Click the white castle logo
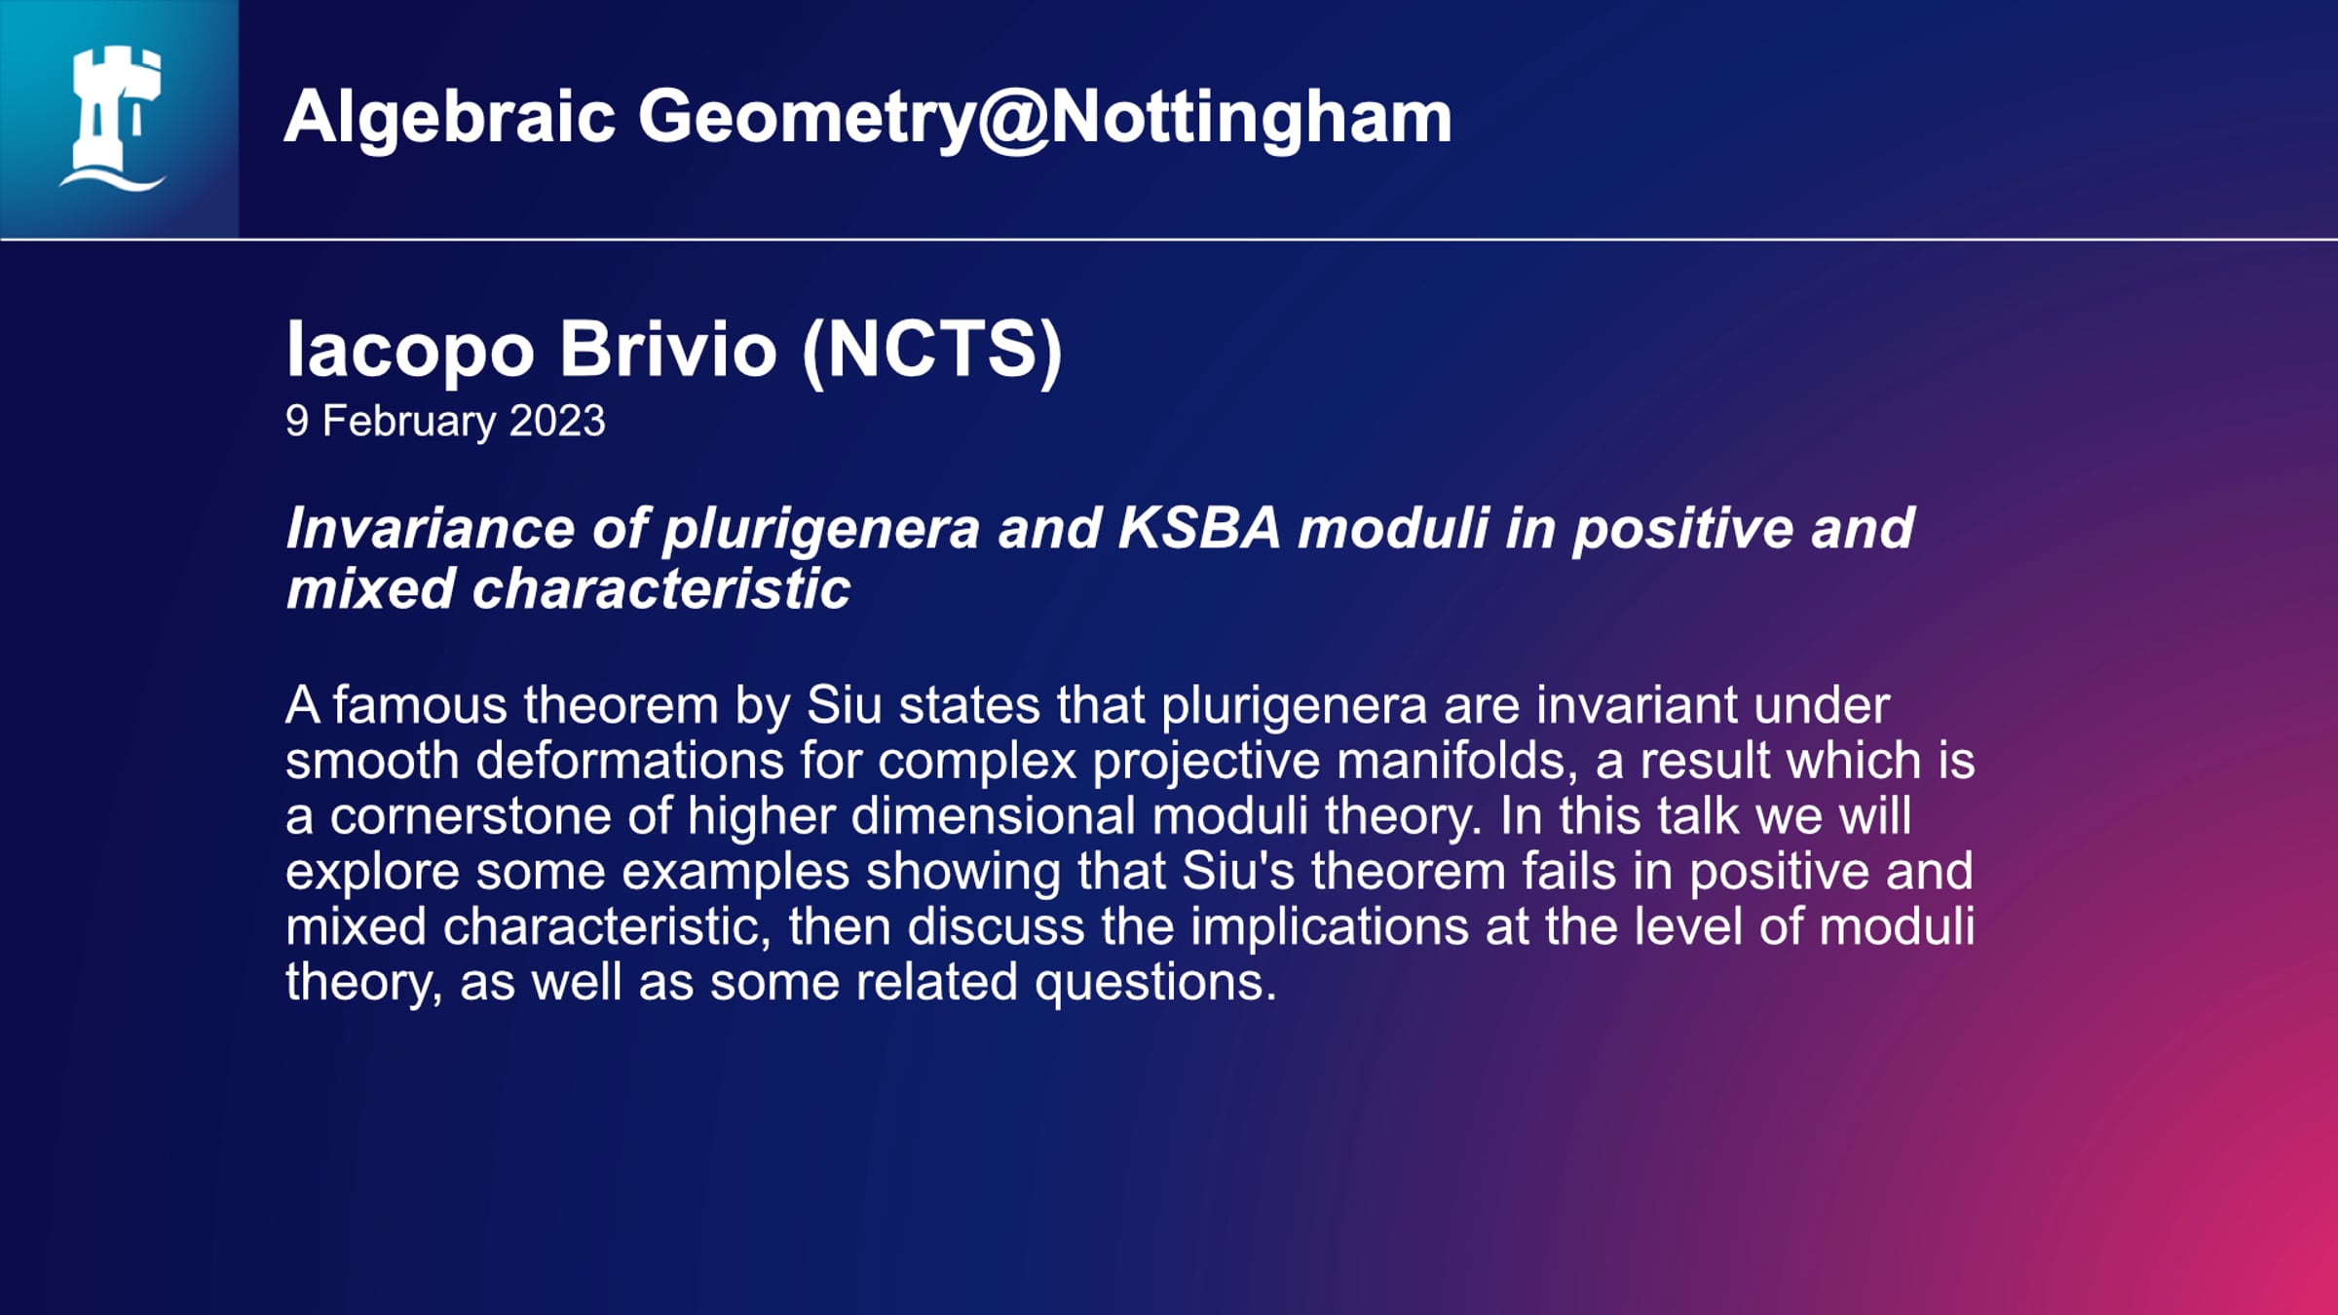(113, 118)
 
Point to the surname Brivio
(668, 349)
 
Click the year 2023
(557, 421)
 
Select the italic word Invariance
(431, 528)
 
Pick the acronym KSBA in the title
(1199, 528)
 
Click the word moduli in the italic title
(1394, 528)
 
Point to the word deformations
(629, 760)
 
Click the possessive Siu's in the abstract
(1238, 871)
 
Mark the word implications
(1330, 927)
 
